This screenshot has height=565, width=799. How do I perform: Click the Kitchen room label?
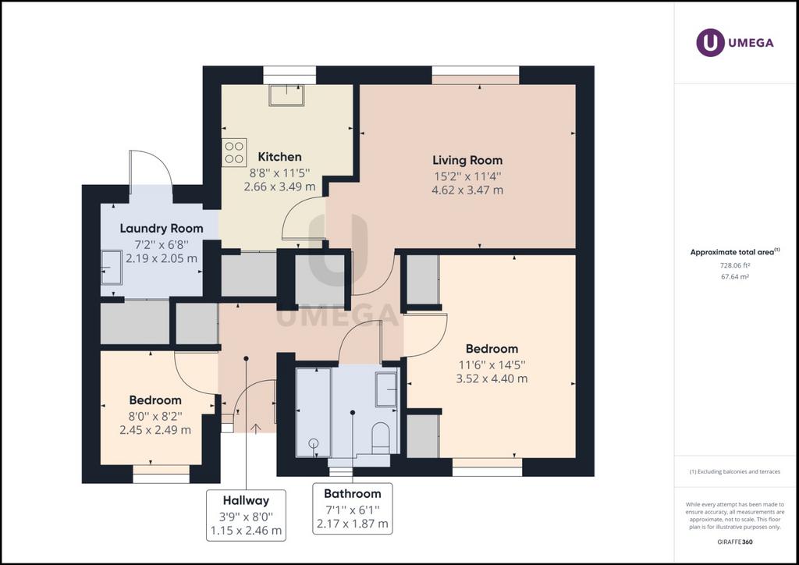tap(279, 157)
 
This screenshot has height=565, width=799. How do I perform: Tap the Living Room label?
tap(467, 161)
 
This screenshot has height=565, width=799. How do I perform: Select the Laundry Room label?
tap(162, 228)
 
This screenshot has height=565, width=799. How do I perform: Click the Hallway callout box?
tap(246, 515)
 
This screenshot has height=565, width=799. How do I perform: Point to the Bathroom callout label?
tap(353, 494)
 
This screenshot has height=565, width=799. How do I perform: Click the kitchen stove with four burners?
tap(234, 152)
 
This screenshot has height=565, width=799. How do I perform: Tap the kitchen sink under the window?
tap(286, 95)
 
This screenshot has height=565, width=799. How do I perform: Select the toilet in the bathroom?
tap(381, 437)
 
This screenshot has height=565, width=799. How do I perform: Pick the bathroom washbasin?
tap(386, 389)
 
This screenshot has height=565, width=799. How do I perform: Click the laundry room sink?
tap(111, 268)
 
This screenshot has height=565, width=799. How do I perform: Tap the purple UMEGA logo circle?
tap(710, 43)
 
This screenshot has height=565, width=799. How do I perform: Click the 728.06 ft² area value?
tap(734, 265)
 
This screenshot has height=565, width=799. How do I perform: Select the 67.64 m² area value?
tap(734, 277)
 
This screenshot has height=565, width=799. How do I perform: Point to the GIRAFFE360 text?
tap(735, 542)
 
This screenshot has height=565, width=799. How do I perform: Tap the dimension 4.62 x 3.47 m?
tap(467, 190)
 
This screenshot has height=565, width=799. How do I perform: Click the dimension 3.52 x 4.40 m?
tap(492, 378)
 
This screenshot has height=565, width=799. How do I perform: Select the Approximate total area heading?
tap(735, 252)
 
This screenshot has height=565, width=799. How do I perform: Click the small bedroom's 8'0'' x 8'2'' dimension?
tap(155, 416)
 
